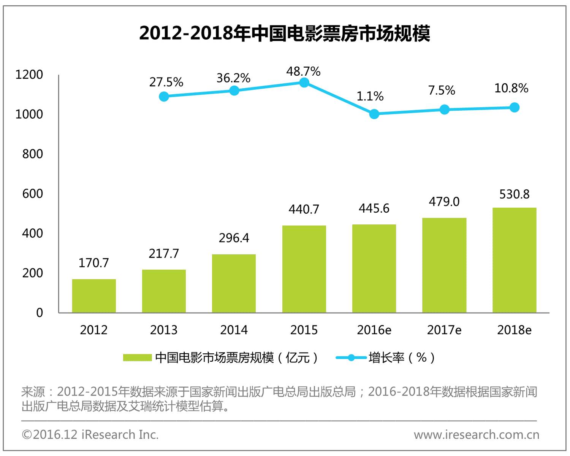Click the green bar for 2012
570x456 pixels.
[94, 296]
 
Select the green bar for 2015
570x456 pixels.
[304, 269]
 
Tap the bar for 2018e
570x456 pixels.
[514, 260]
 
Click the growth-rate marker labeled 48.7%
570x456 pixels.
[304, 83]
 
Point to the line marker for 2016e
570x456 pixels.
[374, 114]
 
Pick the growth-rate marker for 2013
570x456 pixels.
[164, 97]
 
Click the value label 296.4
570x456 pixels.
[234, 238]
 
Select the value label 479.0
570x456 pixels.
[444, 202]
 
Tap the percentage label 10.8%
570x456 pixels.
[511, 88]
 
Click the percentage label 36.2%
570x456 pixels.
[233, 78]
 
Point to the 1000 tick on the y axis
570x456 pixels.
[29, 114]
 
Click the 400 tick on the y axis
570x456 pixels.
[32, 233]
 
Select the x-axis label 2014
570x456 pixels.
[234, 330]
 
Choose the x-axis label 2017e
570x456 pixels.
[444, 330]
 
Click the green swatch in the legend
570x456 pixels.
[137, 358]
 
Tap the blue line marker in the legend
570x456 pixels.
[351, 358]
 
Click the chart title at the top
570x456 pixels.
[285, 33]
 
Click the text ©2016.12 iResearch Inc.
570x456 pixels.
[90, 434]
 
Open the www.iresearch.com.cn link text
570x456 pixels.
[477, 434]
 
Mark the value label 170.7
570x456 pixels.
[93, 263]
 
